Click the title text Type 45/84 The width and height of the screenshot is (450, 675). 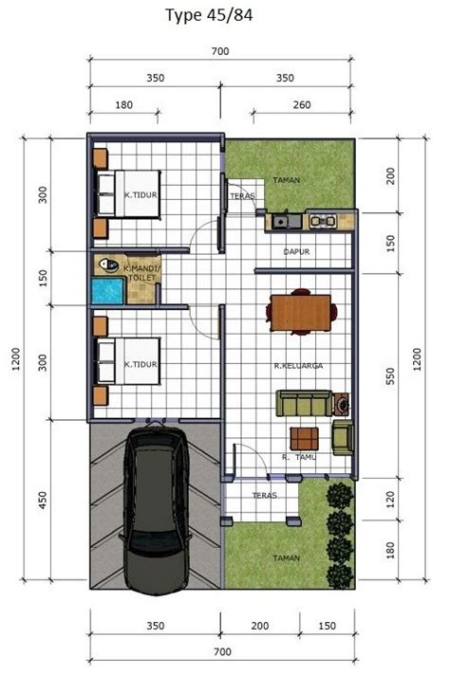click(209, 15)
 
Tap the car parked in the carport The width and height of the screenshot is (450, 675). click(156, 509)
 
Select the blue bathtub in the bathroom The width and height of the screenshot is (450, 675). click(108, 291)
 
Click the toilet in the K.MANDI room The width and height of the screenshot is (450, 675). click(108, 265)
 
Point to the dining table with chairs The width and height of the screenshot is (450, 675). click(301, 312)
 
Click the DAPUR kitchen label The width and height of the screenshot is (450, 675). click(296, 251)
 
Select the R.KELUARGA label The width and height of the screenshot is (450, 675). click(298, 366)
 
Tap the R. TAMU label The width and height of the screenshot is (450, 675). click(299, 457)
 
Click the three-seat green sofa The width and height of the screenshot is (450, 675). click(304, 403)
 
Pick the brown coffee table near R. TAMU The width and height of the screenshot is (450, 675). click(305, 439)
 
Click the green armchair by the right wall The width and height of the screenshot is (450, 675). click(343, 437)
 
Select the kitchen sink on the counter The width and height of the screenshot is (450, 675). click(281, 222)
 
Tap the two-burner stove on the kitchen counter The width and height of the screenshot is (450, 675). click(323, 221)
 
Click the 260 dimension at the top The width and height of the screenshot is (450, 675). click(302, 104)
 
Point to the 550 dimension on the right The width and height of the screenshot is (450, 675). click(390, 376)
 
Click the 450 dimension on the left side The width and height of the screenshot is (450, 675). click(42, 501)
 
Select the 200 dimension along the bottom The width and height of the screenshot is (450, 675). click(259, 626)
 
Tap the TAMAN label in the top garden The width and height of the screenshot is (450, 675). click(286, 180)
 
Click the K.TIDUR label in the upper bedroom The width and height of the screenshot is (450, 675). click(141, 194)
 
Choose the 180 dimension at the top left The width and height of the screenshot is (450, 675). click(123, 104)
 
